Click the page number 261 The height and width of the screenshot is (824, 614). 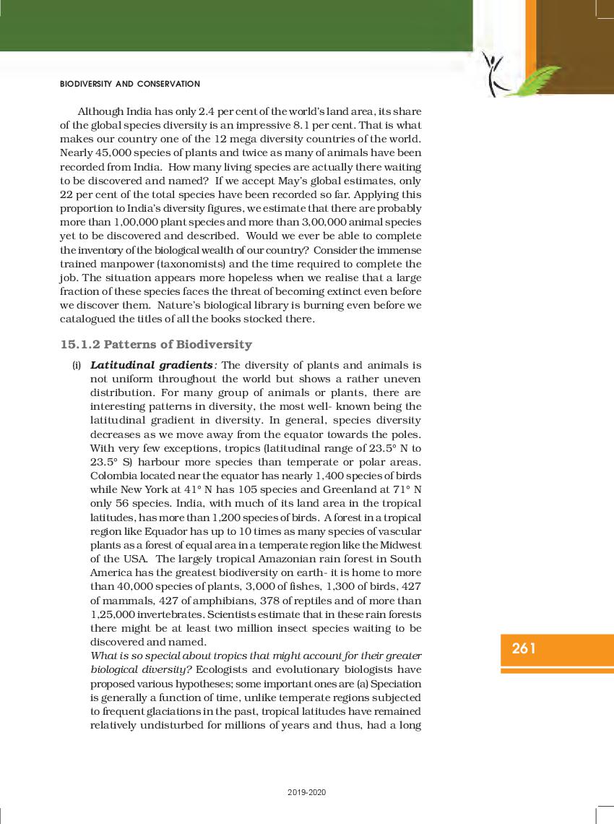click(x=524, y=648)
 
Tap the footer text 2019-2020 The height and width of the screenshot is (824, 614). click(x=306, y=793)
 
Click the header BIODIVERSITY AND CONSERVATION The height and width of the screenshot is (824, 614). click(x=130, y=84)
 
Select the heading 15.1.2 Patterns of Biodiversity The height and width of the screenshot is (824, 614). click(x=156, y=344)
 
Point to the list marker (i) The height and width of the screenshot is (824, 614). click(x=76, y=366)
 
